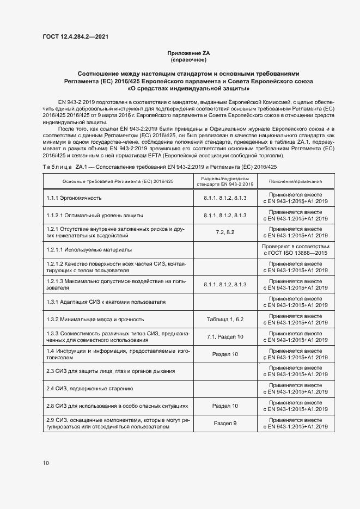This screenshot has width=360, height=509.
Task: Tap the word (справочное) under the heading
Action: pos(188,59)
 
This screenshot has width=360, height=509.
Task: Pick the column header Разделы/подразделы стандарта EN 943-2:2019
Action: pos(225,181)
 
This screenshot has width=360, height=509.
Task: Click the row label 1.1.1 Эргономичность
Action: pos(74,198)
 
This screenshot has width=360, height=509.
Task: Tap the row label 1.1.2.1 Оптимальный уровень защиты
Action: pos(87,216)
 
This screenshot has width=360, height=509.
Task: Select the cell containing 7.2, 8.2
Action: pos(225,232)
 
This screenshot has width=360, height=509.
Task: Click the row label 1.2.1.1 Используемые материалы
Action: pos(89,250)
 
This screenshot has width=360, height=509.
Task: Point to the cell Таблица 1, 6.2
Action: pos(225,320)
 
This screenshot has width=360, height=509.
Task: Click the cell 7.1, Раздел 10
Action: pos(225,337)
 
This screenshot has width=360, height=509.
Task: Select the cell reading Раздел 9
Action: pos(225,423)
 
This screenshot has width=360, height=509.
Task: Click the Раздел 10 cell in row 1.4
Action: pos(225,354)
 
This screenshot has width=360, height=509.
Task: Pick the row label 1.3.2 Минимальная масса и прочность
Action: pos(95,320)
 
